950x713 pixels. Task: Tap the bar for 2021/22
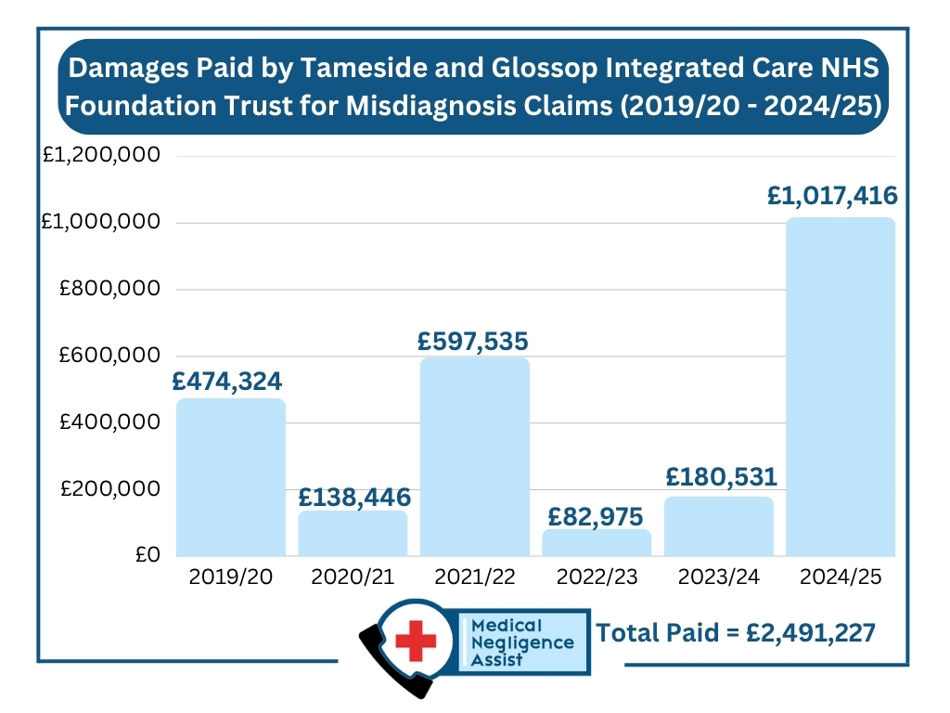point(475,456)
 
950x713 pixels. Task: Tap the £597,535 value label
point(473,341)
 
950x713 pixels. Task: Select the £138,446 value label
point(353,497)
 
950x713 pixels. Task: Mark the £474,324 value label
point(226,381)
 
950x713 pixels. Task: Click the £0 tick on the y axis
point(148,555)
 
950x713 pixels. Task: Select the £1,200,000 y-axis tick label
point(102,155)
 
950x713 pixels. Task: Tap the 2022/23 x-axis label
point(597,577)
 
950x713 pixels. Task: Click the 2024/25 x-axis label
point(841,577)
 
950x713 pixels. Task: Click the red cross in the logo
point(415,640)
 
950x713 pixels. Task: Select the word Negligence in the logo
point(522,642)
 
